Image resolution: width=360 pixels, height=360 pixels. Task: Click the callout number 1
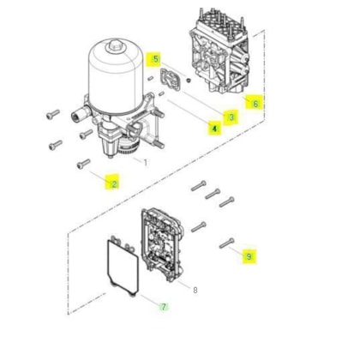tap(146, 163)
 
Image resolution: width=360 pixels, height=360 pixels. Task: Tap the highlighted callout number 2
tap(114, 183)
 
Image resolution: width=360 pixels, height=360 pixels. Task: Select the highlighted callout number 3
tap(231, 117)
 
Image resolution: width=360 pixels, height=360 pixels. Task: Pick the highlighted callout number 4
tap(214, 129)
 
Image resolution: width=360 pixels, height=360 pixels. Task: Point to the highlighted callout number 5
tap(156, 59)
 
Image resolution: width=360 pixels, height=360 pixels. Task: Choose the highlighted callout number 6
tap(255, 103)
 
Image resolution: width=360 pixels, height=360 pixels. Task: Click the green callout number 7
tap(164, 307)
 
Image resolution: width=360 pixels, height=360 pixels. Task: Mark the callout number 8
tap(195, 291)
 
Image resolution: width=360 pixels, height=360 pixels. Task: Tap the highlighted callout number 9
tap(249, 256)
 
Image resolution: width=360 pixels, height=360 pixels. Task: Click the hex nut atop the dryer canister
tap(115, 46)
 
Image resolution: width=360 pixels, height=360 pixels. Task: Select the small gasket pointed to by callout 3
tap(171, 80)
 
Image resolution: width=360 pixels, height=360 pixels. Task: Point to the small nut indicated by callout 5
tap(189, 81)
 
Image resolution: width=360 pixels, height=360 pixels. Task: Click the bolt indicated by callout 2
tap(84, 164)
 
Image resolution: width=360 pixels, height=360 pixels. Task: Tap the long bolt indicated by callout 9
tap(227, 243)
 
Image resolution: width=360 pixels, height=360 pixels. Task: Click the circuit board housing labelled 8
tap(162, 245)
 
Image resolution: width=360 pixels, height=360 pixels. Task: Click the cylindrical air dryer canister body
tap(116, 76)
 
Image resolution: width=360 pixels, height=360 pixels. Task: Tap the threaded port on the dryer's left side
tap(80, 115)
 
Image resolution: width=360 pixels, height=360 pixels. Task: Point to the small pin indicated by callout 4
tap(162, 93)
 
